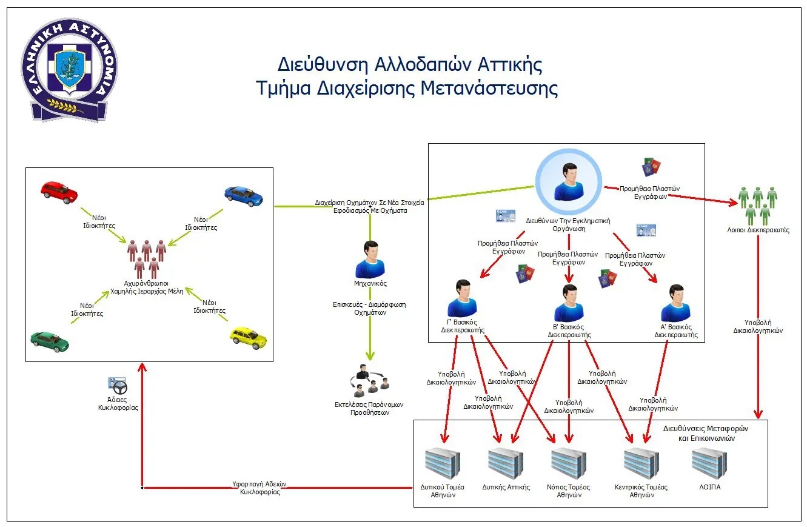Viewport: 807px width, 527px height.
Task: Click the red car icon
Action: pos(59,192)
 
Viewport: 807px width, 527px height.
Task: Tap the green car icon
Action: pos(50,341)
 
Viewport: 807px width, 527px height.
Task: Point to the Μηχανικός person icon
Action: pos(370,260)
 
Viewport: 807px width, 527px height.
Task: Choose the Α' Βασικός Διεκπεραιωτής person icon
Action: pos(675,303)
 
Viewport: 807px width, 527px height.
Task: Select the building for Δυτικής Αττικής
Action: pos(506,464)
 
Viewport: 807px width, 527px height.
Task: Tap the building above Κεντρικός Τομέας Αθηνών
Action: pos(641,464)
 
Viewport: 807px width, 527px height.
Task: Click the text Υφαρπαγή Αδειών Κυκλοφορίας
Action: pos(260,488)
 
